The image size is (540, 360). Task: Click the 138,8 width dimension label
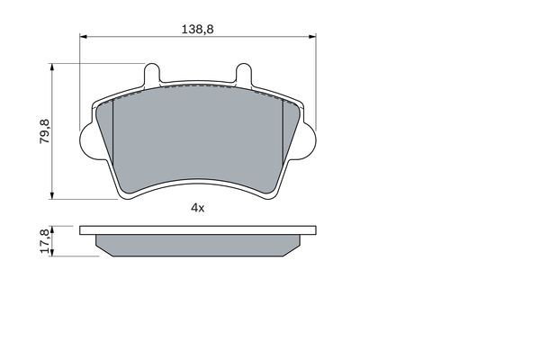tap(197, 30)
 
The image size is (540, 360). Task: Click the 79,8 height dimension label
tap(45, 131)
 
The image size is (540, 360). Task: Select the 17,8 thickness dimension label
tap(45, 241)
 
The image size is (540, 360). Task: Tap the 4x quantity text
tap(198, 208)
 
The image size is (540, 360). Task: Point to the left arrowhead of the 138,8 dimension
tap(84, 36)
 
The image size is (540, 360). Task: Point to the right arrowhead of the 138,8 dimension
tap(312, 36)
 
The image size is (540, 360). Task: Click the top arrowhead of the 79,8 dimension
tap(52, 67)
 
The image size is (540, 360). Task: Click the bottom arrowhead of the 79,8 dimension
tap(52, 195)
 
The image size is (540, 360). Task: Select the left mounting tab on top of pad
tap(151, 74)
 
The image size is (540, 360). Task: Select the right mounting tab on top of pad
tap(244, 74)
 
